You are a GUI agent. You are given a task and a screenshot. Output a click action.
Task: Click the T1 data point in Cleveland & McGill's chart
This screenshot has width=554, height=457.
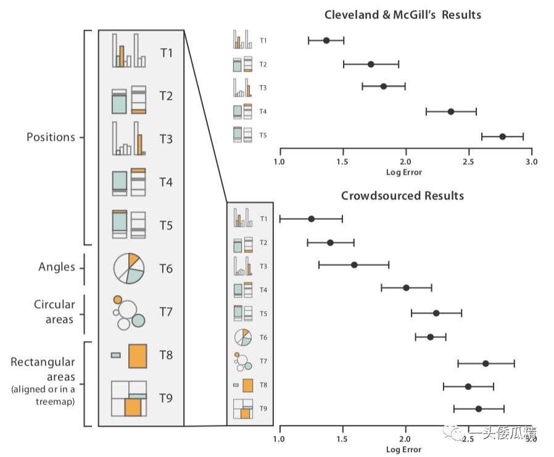tap(326, 40)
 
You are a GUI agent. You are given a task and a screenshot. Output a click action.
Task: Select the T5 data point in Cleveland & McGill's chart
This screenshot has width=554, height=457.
tap(502, 136)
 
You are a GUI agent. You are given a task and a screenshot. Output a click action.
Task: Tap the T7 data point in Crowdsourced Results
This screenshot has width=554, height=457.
tap(486, 363)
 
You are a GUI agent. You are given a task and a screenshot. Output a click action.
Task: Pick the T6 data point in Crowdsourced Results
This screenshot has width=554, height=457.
tap(431, 337)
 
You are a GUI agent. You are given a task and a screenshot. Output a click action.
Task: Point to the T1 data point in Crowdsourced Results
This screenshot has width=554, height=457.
tap(312, 219)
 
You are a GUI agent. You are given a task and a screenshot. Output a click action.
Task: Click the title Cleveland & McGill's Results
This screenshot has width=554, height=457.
tap(403, 15)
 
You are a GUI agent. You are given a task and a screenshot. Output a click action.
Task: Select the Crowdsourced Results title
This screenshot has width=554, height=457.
tap(402, 196)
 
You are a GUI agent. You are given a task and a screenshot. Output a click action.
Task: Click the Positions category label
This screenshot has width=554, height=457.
tap(51, 137)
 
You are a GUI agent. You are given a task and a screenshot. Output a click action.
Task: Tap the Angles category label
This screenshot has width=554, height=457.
tap(57, 267)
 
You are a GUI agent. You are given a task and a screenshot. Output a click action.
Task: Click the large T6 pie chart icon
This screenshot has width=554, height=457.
tap(128, 269)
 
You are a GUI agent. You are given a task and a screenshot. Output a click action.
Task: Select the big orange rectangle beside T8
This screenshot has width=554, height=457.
tap(138, 356)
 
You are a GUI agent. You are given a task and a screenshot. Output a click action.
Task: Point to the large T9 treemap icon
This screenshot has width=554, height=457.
tap(129, 398)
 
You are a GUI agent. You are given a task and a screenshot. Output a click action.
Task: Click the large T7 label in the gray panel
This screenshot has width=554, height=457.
tap(166, 312)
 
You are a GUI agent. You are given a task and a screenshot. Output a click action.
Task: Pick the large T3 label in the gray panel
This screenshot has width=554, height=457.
tap(166, 139)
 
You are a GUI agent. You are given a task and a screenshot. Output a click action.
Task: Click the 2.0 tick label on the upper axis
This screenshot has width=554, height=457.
tap(405, 162)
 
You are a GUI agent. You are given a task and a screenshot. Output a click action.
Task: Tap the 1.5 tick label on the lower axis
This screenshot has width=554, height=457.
tap(342, 439)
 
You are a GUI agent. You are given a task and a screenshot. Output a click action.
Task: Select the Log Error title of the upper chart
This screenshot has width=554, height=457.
tap(404, 172)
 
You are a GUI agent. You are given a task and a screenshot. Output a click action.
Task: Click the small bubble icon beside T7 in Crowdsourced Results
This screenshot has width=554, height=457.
tap(243, 361)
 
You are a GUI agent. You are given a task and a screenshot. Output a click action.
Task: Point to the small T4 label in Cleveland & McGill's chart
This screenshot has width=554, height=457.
tap(263, 112)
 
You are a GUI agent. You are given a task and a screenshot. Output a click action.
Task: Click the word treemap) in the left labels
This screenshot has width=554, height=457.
tap(55, 402)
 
